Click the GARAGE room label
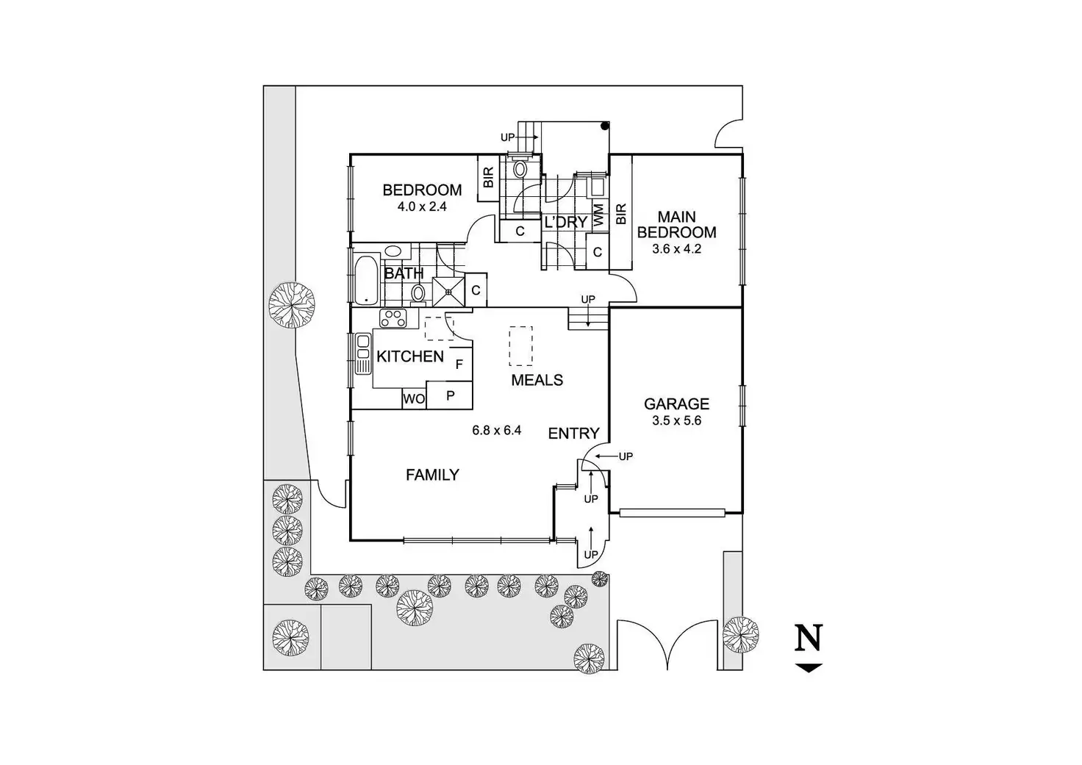click(x=676, y=403)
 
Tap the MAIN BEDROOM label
click(x=676, y=225)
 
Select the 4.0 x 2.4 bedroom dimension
click(x=422, y=206)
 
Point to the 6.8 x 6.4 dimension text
click(x=497, y=431)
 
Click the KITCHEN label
click(x=409, y=356)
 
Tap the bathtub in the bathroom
click(x=368, y=280)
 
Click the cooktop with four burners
click(x=393, y=318)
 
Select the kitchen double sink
click(x=362, y=354)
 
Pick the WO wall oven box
click(x=414, y=399)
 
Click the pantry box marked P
click(x=450, y=395)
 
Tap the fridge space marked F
click(x=459, y=364)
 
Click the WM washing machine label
click(x=598, y=215)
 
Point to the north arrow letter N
click(x=809, y=638)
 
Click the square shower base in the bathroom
click(x=448, y=292)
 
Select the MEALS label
click(x=537, y=380)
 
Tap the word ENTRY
click(x=573, y=434)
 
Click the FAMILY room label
click(x=432, y=475)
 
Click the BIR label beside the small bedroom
click(x=488, y=177)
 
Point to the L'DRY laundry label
click(x=566, y=222)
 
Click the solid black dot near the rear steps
click(x=604, y=126)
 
